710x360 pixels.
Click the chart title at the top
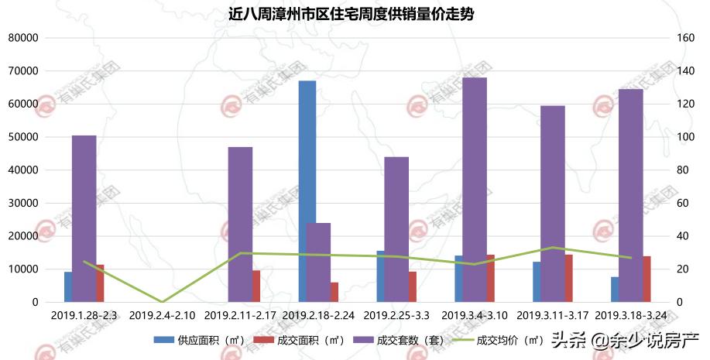point(355,14)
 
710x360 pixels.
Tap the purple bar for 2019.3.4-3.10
point(475,190)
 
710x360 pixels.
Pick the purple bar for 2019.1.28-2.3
point(84,218)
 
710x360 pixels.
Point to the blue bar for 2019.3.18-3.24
point(615,290)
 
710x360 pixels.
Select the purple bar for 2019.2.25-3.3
point(396,229)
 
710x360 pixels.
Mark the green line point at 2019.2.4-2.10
point(162,301)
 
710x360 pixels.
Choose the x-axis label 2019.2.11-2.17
point(240,316)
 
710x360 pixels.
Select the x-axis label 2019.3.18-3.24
point(631,316)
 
